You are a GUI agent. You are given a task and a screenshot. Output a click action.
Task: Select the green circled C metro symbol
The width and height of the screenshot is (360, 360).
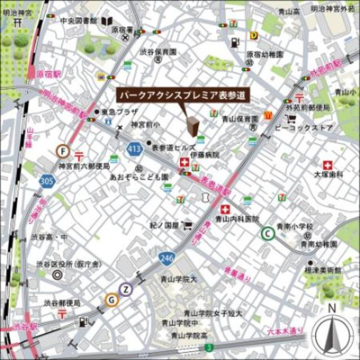click(x=267, y=234)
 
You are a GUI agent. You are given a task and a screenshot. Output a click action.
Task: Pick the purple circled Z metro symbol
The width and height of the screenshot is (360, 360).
click(x=126, y=289)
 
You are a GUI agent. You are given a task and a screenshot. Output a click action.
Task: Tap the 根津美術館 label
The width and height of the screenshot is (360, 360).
click(x=321, y=269)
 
